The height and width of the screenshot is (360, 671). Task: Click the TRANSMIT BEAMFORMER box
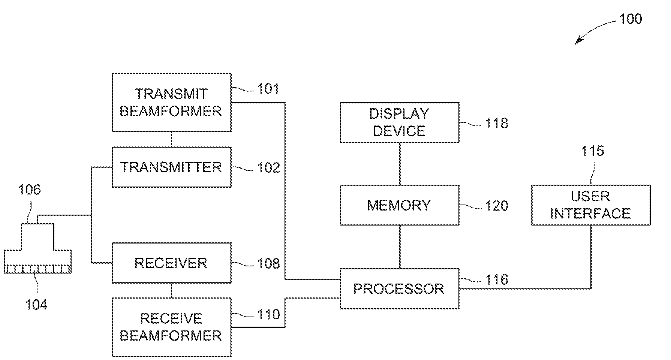pyautogui.click(x=172, y=102)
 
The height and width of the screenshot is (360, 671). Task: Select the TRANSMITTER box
pyautogui.click(x=172, y=167)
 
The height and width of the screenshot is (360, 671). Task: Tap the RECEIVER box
pyautogui.click(x=172, y=263)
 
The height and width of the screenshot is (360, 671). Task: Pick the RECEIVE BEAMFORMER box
pyautogui.click(x=172, y=327)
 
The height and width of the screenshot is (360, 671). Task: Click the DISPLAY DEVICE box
pyautogui.click(x=400, y=122)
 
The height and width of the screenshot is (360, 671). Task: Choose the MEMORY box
pyautogui.click(x=400, y=205)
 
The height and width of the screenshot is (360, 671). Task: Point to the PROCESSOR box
pyautogui.click(x=400, y=288)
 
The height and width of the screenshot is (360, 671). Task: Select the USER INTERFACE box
pyautogui.click(x=591, y=205)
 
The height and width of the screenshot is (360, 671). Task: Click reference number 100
pyautogui.click(x=631, y=19)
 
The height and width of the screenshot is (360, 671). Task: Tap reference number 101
pyautogui.click(x=268, y=89)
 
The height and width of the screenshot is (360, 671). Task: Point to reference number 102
pyautogui.click(x=268, y=167)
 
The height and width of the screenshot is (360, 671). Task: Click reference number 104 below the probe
pyautogui.click(x=36, y=305)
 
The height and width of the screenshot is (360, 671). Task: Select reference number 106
pyautogui.click(x=30, y=190)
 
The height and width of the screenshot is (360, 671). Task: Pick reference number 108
pyautogui.click(x=268, y=263)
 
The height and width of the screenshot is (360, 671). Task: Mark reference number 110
pyautogui.click(x=268, y=314)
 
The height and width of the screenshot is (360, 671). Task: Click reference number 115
pyautogui.click(x=593, y=151)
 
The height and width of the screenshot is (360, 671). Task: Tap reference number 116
pyautogui.click(x=497, y=279)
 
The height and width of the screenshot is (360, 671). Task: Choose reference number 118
pyautogui.click(x=497, y=123)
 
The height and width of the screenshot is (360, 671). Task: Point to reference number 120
pyautogui.click(x=497, y=206)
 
